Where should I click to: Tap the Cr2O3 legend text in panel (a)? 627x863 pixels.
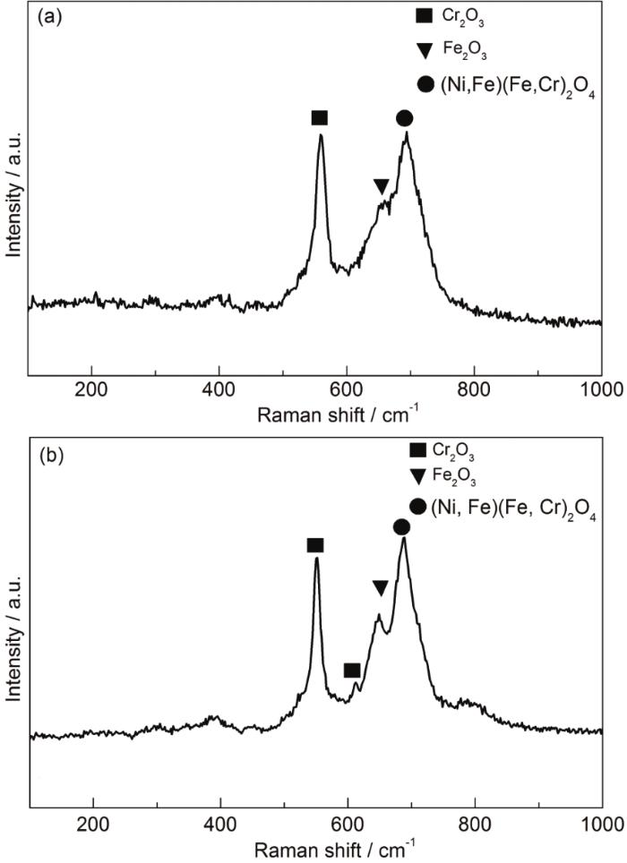tap(463, 15)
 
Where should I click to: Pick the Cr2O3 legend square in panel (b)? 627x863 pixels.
tap(417, 450)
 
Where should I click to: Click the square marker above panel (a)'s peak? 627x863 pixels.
tap(320, 118)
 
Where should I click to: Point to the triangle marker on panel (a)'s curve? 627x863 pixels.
tap(382, 186)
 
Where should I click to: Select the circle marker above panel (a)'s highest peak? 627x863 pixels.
tap(404, 118)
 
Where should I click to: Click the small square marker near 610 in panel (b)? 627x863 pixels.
tap(352, 671)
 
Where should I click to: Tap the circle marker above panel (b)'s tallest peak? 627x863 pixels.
tap(401, 527)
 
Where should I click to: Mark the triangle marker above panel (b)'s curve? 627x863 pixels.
tap(381, 588)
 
